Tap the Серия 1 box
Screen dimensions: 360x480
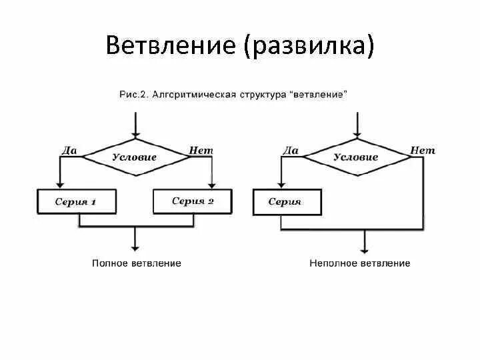click(76, 201)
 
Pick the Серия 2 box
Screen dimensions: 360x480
click(193, 201)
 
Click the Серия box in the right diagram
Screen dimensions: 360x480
click(286, 201)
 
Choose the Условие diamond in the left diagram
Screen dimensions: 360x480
click(135, 157)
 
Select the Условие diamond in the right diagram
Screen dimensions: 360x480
click(355, 157)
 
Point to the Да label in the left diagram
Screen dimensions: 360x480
click(69, 150)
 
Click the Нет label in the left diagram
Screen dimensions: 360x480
click(201, 150)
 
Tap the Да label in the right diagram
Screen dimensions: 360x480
click(291, 150)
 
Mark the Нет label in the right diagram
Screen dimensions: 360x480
click(422, 150)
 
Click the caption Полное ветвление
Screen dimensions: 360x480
click(136, 263)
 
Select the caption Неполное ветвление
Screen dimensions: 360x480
click(360, 263)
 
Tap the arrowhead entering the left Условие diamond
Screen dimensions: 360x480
click(135, 135)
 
